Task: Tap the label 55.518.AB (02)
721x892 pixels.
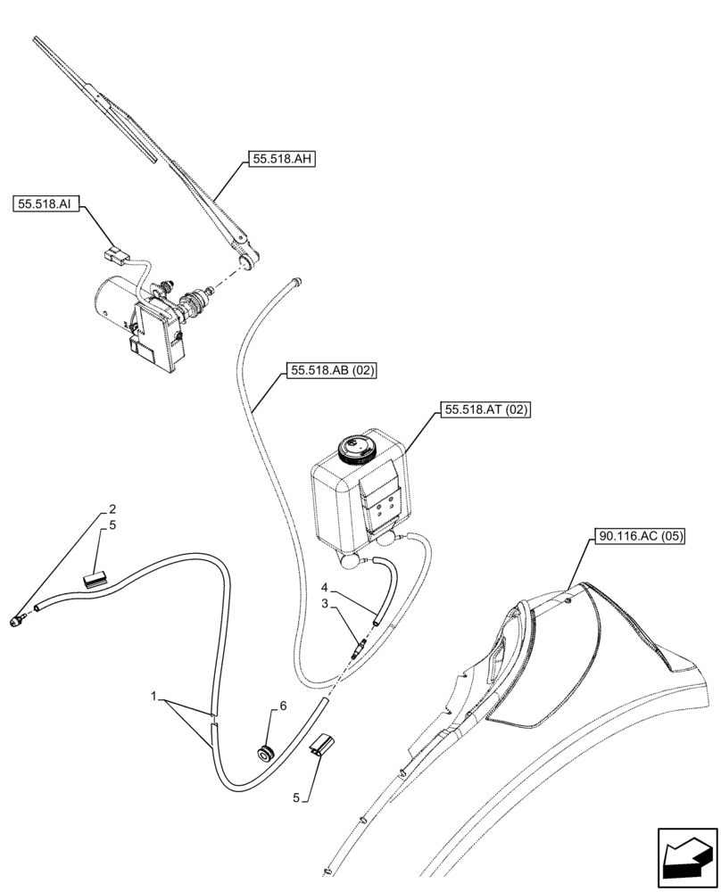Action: pos(331,370)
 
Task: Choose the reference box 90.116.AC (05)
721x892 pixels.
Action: pos(637,537)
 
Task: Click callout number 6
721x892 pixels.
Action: pos(283,706)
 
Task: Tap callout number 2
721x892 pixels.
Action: pos(112,509)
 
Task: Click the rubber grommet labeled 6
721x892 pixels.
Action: pos(264,751)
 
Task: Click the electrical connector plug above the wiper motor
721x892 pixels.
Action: pos(112,255)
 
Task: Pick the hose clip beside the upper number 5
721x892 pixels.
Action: pos(95,580)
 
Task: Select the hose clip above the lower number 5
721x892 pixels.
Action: pos(322,747)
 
